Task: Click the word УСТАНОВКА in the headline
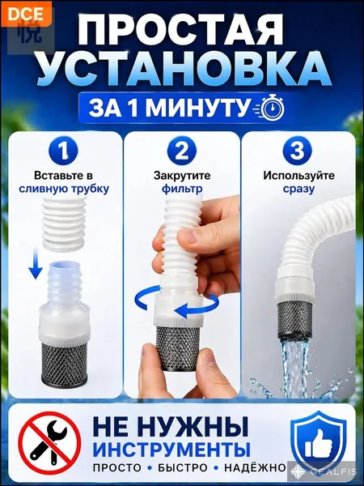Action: tap(182, 69)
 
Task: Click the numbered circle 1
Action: tap(63, 151)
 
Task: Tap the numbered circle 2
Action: tap(182, 151)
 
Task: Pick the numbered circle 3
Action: tap(298, 151)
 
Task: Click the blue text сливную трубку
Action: tap(64, 189)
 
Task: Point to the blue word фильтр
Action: tap(182, 189)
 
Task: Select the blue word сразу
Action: tap(298, 189)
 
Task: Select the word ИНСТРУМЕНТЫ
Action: tap(171, 450)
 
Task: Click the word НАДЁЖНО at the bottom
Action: tap(255, 468)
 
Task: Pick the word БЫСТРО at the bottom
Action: tap(183, 468)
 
